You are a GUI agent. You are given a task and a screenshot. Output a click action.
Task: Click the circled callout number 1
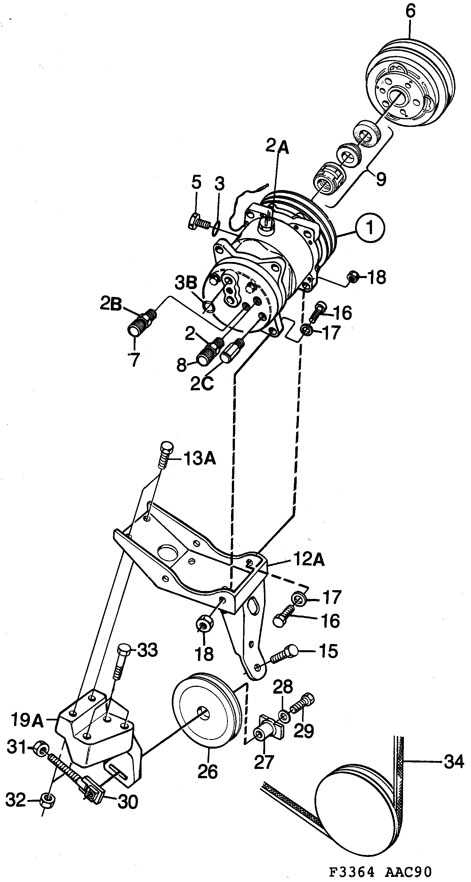[370, 228]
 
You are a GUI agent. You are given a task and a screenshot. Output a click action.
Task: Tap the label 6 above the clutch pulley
[410, 12]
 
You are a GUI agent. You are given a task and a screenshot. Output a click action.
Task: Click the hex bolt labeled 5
[198, 223]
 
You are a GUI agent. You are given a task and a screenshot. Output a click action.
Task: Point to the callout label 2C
[202, 383]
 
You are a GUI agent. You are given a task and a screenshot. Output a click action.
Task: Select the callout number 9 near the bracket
[380, 178]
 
